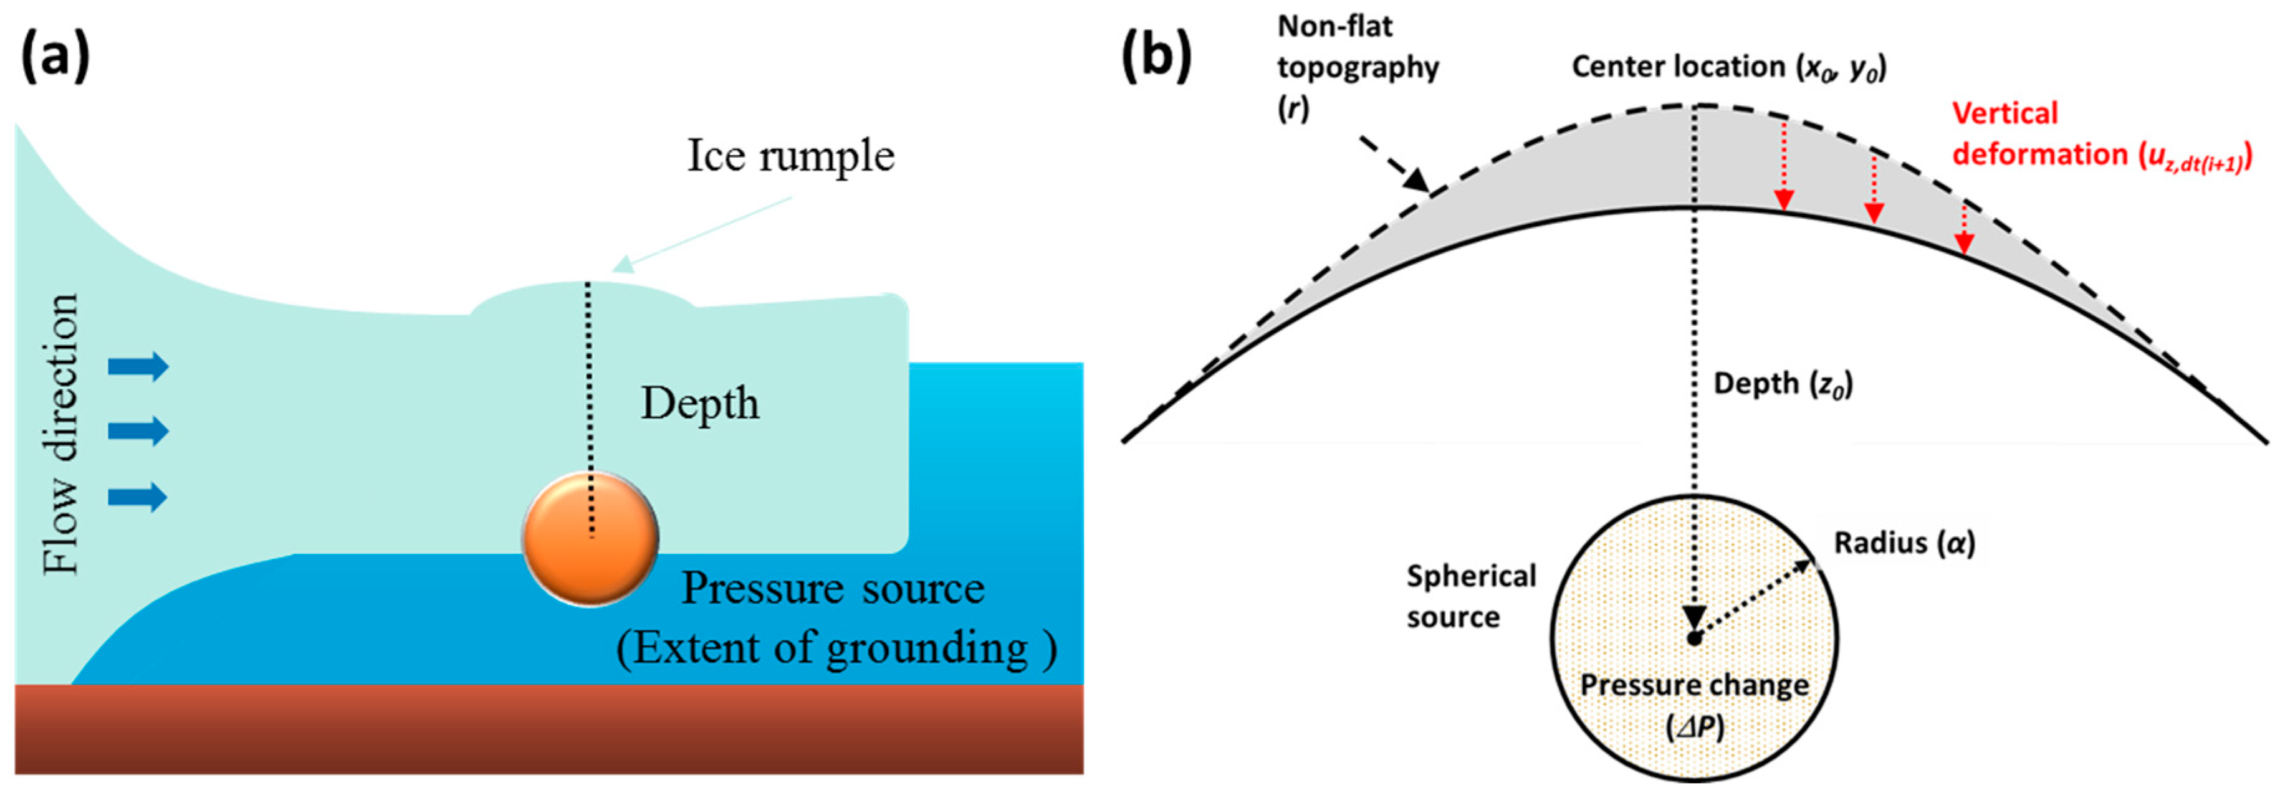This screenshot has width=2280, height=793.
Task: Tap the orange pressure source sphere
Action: tap(590, 538)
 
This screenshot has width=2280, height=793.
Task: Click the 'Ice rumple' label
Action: tap(790, 156)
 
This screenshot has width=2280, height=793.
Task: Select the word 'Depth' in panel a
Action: tap(700, 404)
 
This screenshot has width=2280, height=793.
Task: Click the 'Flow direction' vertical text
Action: tap(62, 434)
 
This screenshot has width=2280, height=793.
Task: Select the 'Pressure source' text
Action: tap(832, 589)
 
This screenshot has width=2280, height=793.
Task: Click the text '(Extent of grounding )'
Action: tap(836, 648)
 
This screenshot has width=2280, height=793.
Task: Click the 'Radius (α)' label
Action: tap(1904, 543)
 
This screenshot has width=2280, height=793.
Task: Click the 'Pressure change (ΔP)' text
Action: tap(1694, 705)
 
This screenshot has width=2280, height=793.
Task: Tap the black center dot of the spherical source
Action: tap(1694, 638)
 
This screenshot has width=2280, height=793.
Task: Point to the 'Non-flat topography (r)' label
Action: tap(1357, 68)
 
